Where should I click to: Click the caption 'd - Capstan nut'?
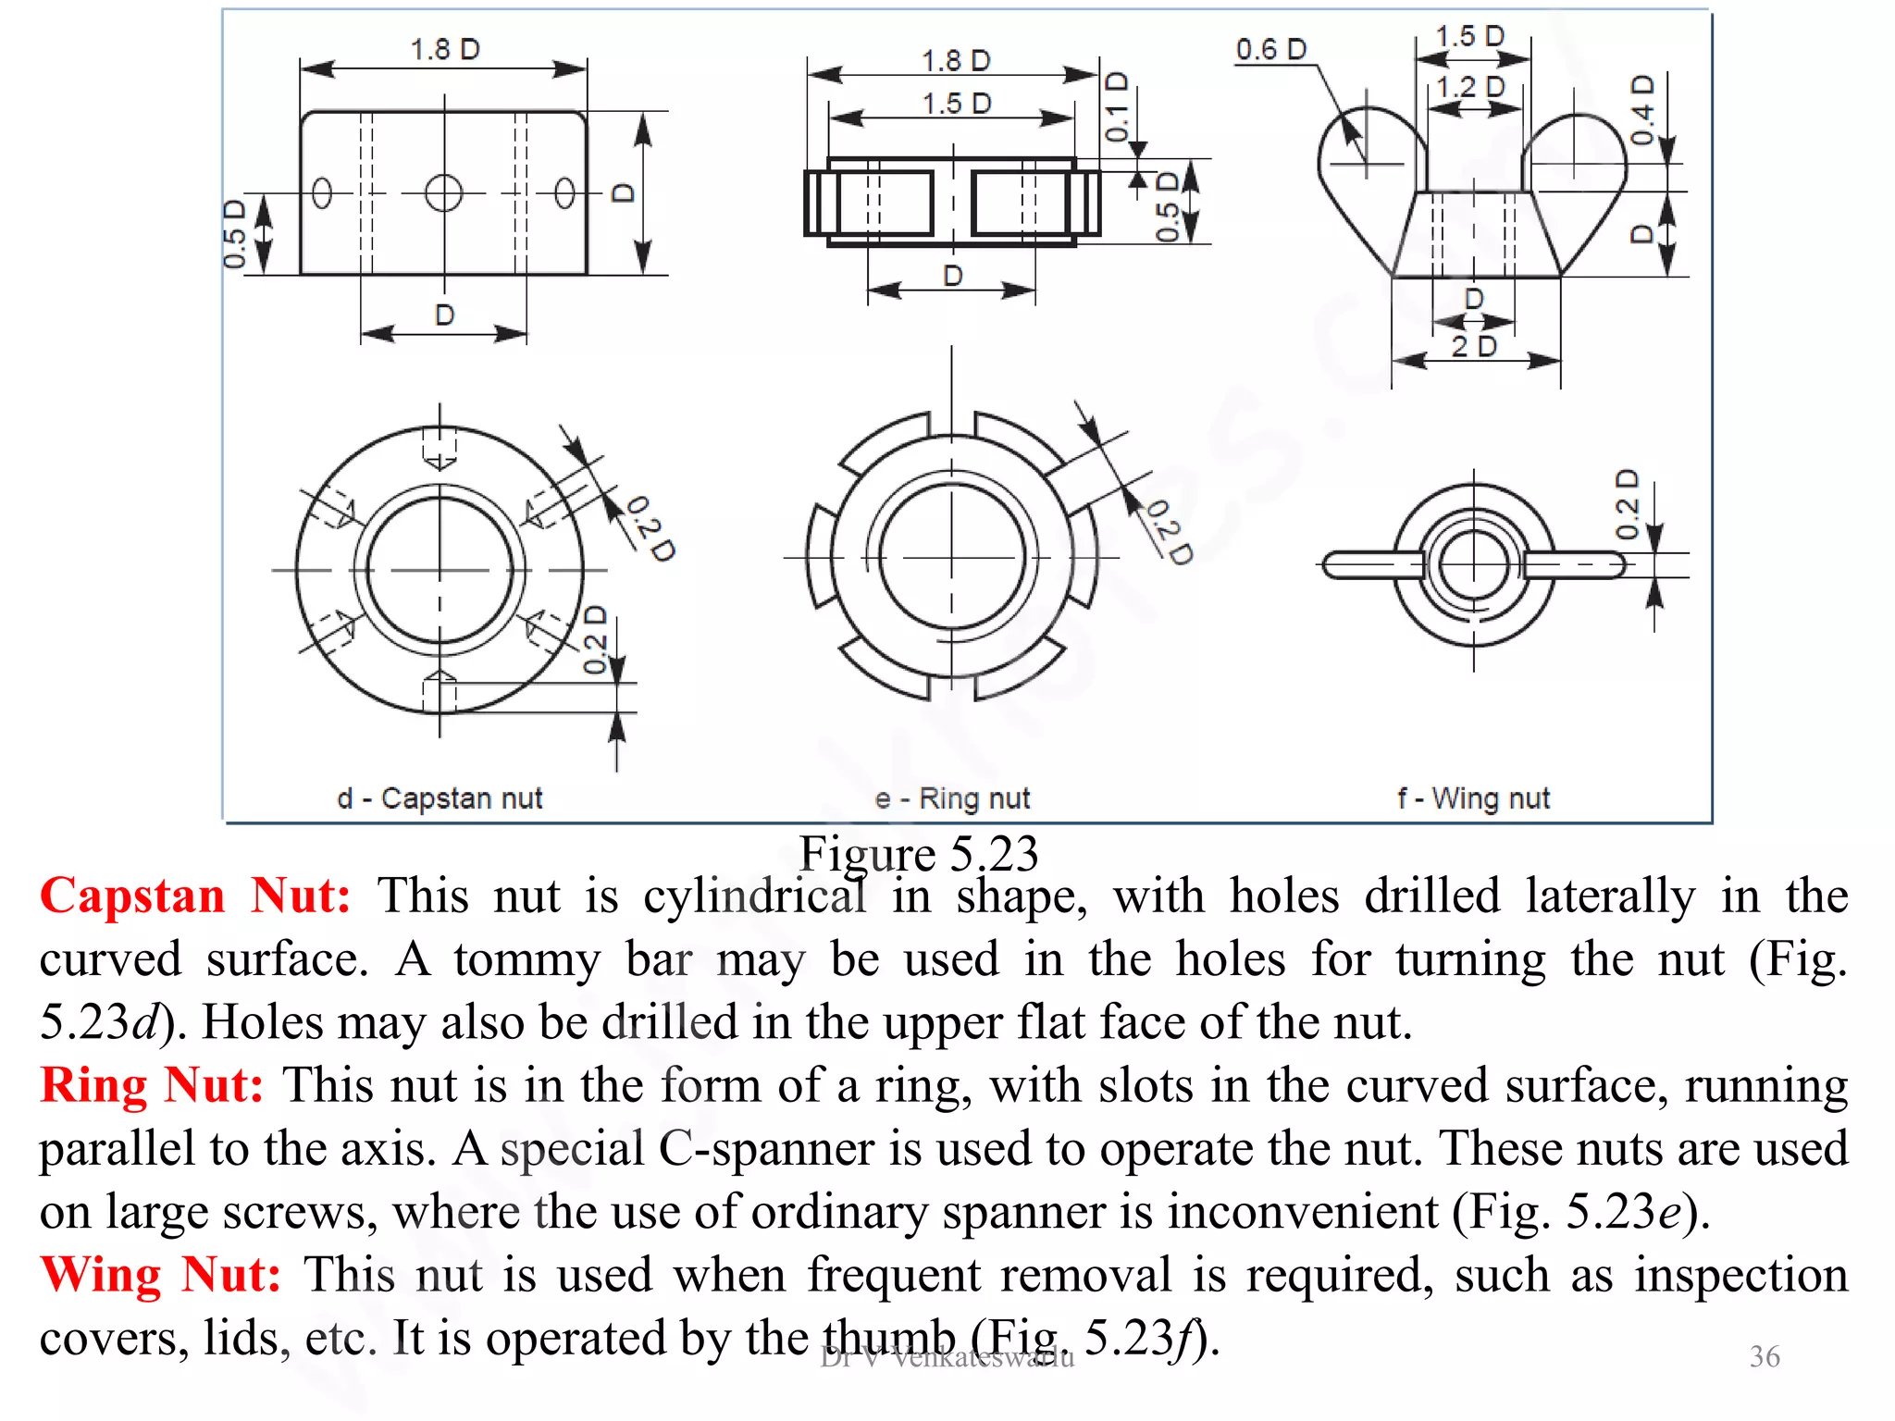click(440, 797)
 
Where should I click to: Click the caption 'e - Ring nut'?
click(952, 797)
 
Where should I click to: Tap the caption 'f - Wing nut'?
click(1473, 797)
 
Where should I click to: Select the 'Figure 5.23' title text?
click(918, 853)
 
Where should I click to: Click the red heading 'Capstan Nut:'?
click(195, 896)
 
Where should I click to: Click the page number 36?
click(1764, 1356)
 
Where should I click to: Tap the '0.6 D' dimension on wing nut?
click(1270, 49)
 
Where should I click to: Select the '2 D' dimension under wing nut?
click(1473, 346)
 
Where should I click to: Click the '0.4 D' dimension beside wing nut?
click(1641, 110)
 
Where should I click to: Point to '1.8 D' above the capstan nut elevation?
click(444, 49)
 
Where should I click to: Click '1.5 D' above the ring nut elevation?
click(956, 103)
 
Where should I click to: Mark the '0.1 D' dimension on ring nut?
click(1118, 106)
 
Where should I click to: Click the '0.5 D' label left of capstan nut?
click(235, 234)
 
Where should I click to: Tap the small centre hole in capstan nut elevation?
click(443, 193)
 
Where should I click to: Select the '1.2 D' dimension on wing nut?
click(1470, 87)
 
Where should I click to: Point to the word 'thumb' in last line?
click(889, 1338)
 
